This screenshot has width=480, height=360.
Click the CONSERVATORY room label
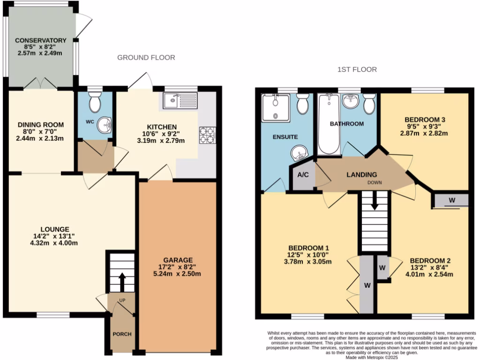point(40,40)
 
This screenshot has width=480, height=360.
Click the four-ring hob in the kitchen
point(207,135)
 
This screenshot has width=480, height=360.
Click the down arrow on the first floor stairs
point(375,203)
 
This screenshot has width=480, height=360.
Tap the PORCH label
point(121,334)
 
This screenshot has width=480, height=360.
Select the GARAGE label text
point(178,260)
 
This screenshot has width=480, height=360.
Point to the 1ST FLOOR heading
point(357,70)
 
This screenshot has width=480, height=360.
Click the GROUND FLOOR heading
point(146,58)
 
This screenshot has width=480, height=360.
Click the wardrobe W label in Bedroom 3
point(451,200)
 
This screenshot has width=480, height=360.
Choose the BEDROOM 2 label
point(430,261)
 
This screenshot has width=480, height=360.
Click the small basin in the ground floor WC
point(106,125)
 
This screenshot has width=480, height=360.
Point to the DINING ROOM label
point(41,125)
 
